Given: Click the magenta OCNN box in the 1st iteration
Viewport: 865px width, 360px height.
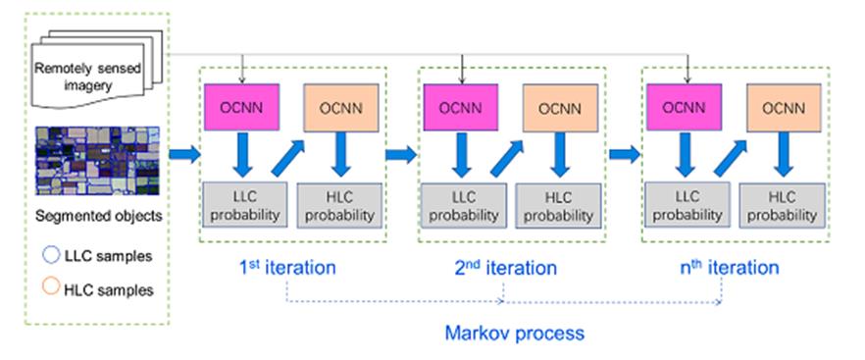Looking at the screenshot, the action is click(x=241, y=107).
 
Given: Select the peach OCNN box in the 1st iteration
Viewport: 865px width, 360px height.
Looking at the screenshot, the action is click(x=341, y=107).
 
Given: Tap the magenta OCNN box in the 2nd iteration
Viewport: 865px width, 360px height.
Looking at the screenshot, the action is click(x=461, y=107).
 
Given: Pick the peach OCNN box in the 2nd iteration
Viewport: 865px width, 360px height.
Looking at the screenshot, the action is click(x=560, y=107).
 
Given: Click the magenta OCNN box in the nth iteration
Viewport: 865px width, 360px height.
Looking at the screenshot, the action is click(x=685, y=107).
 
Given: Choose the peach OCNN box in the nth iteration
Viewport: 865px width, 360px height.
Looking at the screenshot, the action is click(x=784, y=107).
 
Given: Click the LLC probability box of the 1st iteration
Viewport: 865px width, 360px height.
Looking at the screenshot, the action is click(x=245, y=204).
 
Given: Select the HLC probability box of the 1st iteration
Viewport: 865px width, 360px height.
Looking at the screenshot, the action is click(x=339, y=205).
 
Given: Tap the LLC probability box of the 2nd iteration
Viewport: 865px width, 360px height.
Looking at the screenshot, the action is click(x=463, y=205).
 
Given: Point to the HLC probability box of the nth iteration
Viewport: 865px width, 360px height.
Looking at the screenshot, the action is click(x=782, y=205).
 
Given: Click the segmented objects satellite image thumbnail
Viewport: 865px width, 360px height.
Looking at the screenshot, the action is click(x=98, y=161).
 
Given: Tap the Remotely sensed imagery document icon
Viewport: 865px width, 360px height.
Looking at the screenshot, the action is click(x=95, y=70).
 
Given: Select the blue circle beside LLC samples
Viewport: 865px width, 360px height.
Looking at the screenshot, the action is click(x=51, y=256).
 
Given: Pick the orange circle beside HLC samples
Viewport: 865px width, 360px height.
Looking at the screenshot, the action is click(x=51, y=287).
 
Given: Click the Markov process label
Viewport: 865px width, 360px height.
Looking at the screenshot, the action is click(x=514, y=334).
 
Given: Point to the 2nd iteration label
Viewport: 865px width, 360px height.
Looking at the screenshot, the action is click(x=505, y=267).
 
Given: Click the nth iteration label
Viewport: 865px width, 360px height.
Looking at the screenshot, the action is click(x=730, y=267).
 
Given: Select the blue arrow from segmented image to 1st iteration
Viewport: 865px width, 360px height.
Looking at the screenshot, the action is click(x=183, y=155).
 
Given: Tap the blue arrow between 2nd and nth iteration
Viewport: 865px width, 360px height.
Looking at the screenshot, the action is click(x=624, y=155).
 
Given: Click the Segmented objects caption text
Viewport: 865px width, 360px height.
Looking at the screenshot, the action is click(x=98, y=216).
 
